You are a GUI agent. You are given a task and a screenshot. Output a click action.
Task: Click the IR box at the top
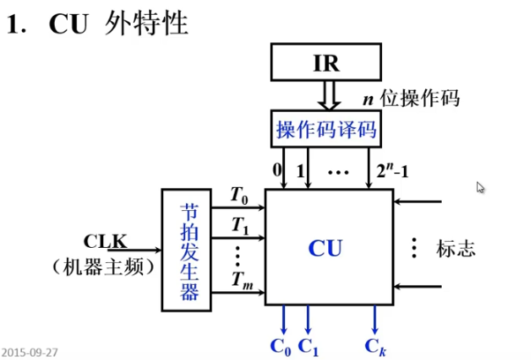[325, 64]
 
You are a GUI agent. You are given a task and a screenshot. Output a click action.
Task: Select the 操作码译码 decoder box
[325, 131]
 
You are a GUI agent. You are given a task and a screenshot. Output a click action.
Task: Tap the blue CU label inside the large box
[325, 248]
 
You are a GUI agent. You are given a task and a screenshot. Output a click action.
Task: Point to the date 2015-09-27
[29, 352]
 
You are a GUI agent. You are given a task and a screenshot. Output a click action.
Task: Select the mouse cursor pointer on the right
[481, 187]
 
